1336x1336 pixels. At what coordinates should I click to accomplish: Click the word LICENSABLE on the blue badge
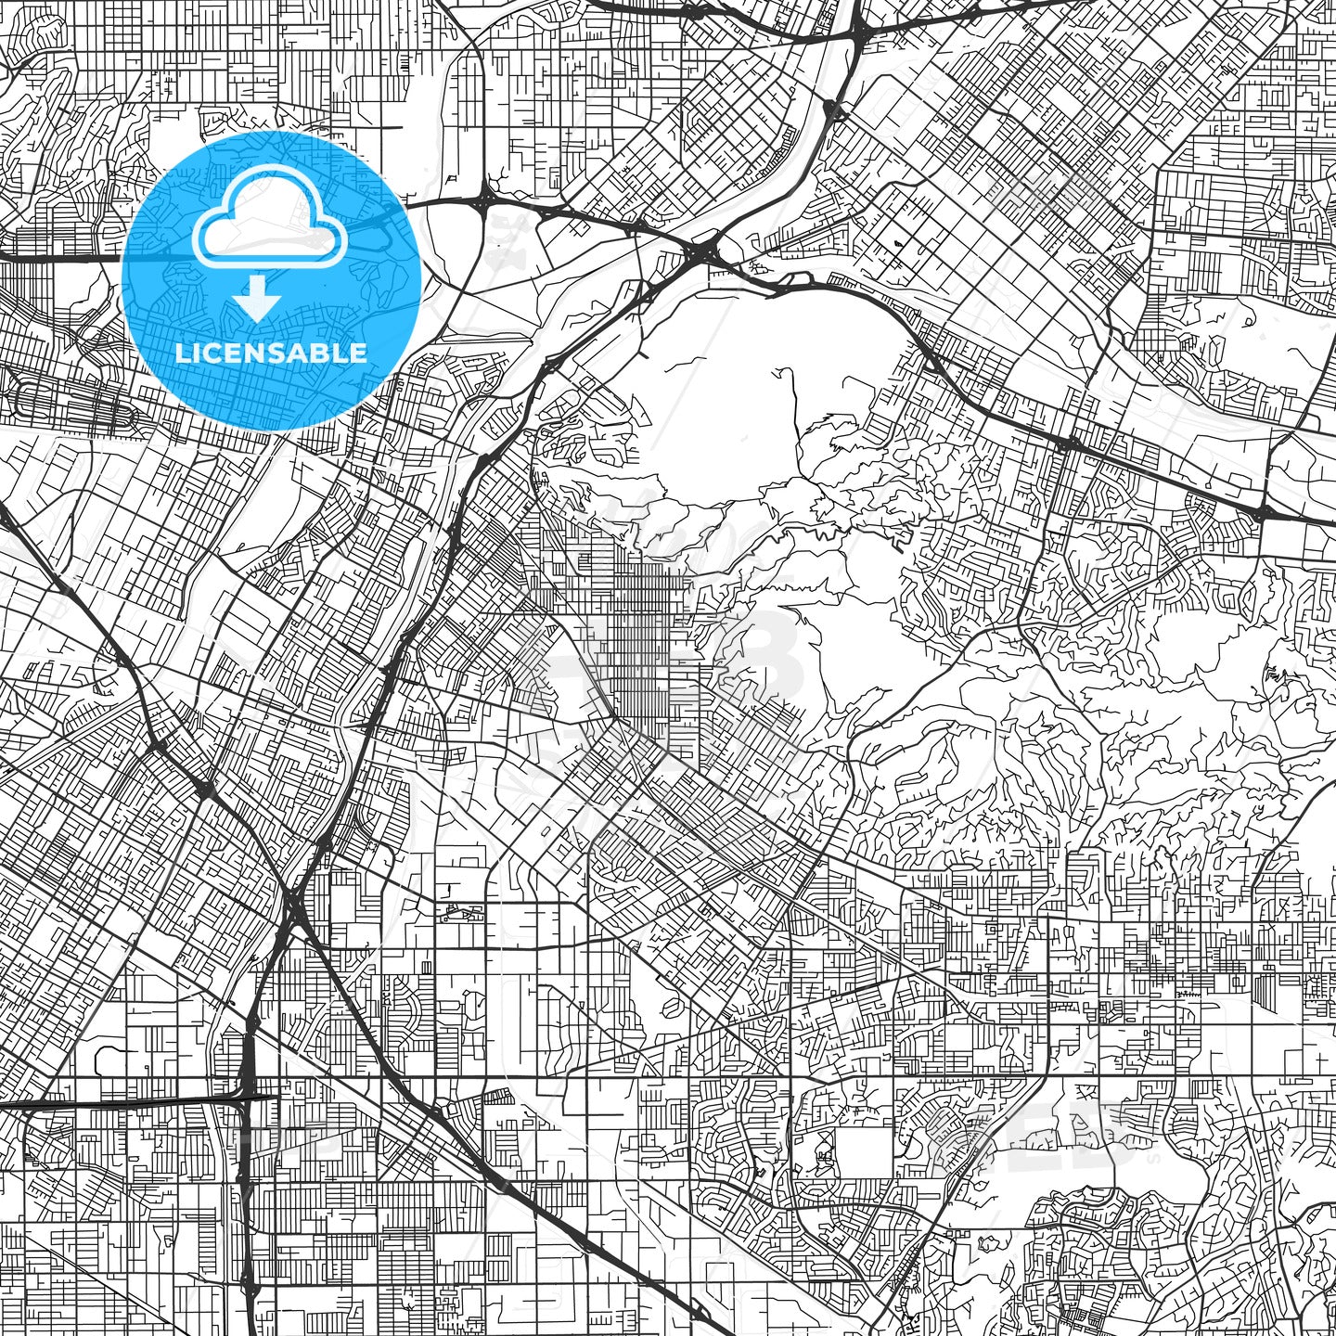pos(271,353)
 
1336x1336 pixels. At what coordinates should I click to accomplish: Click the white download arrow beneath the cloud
pos(257,301)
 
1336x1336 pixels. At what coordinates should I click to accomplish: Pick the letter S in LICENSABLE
pos(276,353)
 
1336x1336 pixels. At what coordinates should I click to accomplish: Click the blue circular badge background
pos(371,278)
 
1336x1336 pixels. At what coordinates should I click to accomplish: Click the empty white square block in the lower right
pos(863,1151)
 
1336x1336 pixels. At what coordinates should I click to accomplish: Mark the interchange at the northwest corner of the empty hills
pos(705,250)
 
